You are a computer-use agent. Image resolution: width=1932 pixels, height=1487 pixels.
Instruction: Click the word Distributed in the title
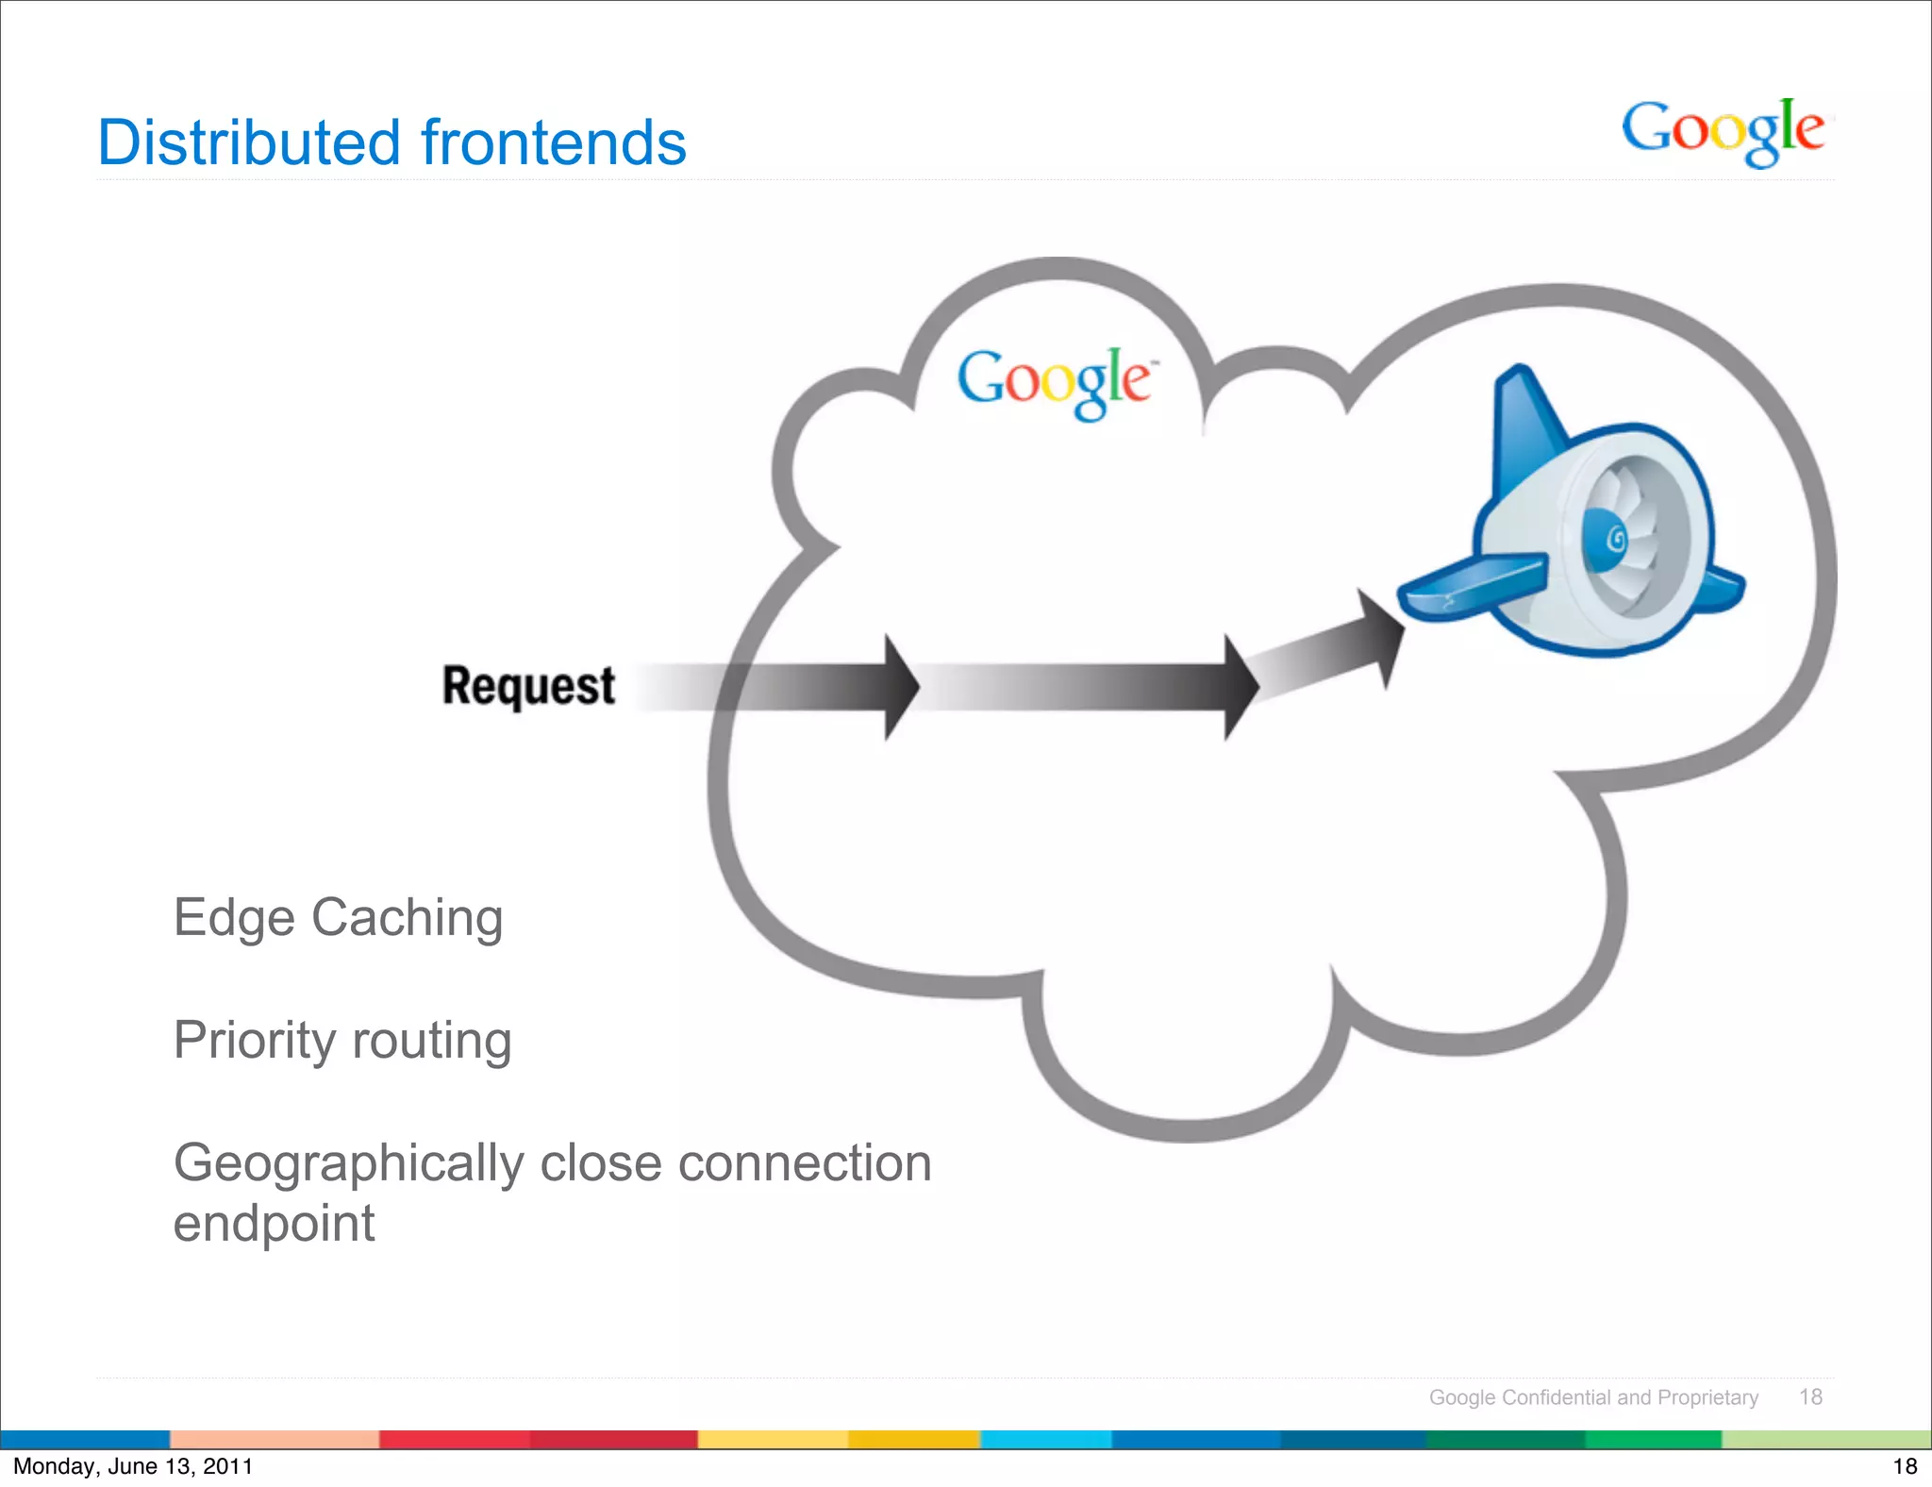[249, 143]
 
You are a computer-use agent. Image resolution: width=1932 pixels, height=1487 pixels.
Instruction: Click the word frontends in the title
[553, 143]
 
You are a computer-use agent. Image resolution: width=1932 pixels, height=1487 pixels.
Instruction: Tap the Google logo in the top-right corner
[1723, 132]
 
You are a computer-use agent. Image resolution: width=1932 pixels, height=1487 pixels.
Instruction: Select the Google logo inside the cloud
[1055, 381]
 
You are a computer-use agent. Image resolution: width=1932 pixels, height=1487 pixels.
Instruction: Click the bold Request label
[528, 686]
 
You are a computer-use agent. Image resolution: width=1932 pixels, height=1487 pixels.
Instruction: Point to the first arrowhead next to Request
[900, 687]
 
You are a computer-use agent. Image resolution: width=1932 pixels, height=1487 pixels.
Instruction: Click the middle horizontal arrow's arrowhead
[1241, 687]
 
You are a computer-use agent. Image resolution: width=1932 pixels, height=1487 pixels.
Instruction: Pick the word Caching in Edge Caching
[407, 917]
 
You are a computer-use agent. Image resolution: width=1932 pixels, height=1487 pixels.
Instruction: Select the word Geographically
[349, 1163]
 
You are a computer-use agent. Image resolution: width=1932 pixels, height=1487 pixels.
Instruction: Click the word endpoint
[274, 1224]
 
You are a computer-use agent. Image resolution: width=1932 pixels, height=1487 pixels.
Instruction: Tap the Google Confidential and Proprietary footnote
[1593, 1397]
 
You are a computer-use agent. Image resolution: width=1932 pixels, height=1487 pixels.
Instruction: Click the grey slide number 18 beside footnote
[1810, 1397]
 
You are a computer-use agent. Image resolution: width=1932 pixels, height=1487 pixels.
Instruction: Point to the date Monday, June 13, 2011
[133, 1466]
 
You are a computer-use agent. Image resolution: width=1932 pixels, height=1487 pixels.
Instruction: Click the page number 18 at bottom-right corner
[1905, 1466]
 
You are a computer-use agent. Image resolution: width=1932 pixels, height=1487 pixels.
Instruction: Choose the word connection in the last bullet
[805, 1163]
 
